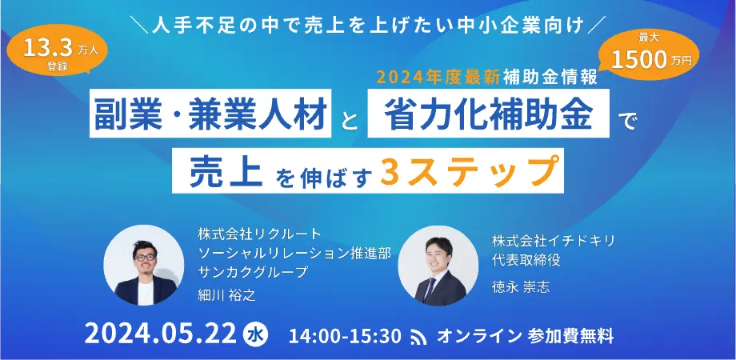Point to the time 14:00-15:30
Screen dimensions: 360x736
click(346, 335)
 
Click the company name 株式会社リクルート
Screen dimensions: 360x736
click(260, 234)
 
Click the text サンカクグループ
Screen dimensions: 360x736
click(254, 272)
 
